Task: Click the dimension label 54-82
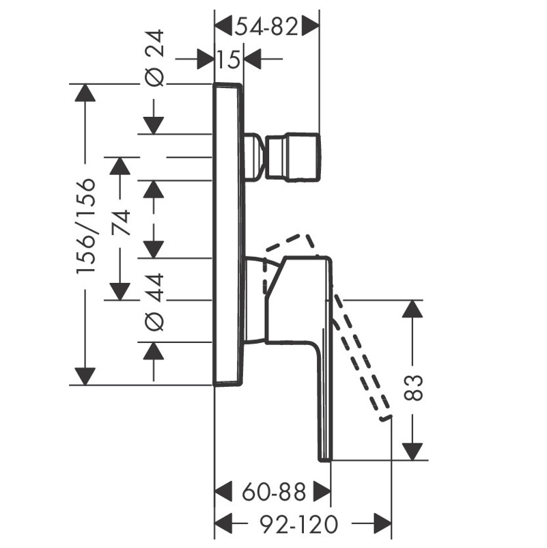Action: click(267, 27)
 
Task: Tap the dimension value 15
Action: click(229, 59)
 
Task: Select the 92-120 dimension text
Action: click(300, 524)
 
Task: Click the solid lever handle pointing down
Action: click(321, 355)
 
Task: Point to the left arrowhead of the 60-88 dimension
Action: click(223, 491)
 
